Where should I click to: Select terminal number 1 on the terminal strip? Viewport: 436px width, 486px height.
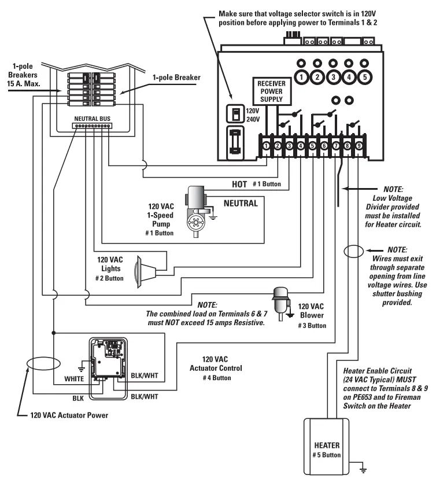coord(265,146)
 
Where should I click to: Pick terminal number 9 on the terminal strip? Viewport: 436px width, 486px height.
coord(359,146)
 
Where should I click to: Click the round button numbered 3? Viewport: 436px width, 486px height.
coord(332,76)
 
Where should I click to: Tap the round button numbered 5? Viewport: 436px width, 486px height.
coord(364,76)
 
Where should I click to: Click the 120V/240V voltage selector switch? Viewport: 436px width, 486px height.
coord(235,115)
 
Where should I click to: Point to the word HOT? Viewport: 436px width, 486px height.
coord(239,184)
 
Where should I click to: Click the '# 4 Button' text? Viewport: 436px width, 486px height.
coord(217,378)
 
